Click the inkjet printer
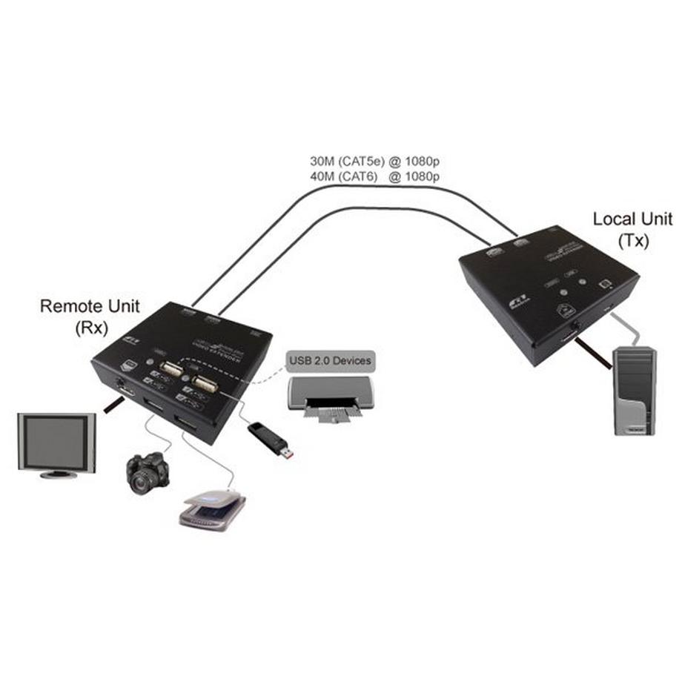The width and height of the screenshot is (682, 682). (331, 397)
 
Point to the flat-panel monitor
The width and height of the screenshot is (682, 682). (57, 445)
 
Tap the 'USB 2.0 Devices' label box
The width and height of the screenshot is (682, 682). (330, 361)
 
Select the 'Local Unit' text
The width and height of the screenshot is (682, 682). (632, 219)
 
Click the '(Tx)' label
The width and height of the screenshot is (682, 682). (632, 241)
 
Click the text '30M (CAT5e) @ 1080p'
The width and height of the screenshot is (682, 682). (375, 161)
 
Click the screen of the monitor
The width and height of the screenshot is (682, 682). (56, 441)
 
